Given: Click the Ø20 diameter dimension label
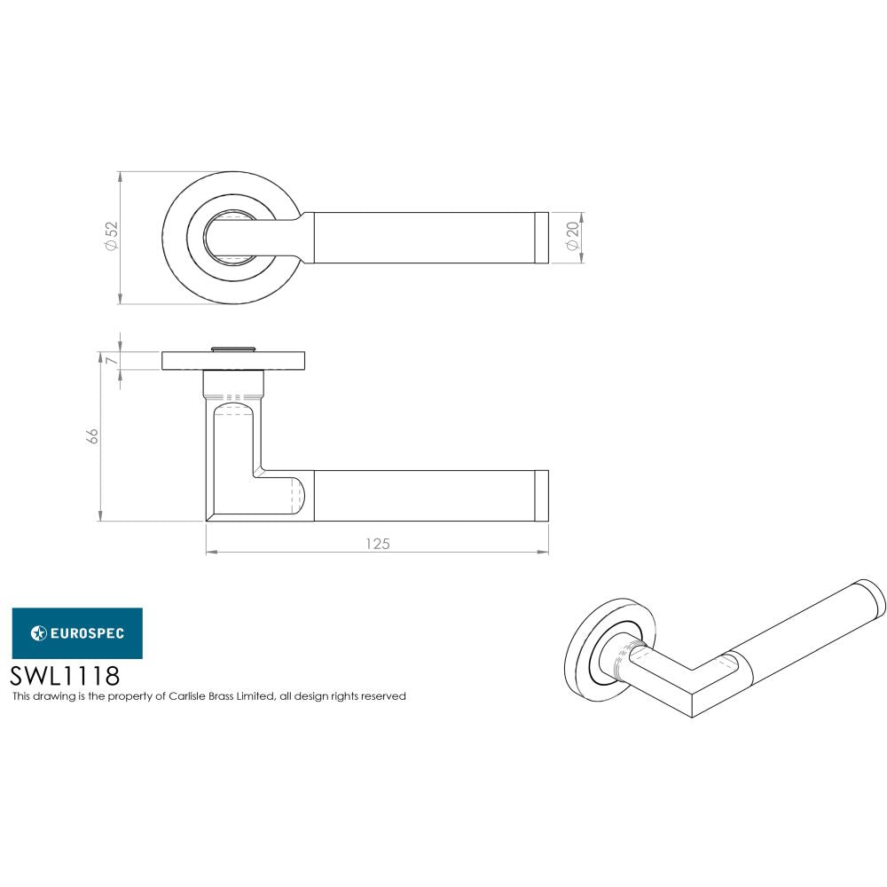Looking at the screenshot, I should click(x=572, y=237).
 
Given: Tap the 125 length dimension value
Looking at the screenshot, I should click(x=378, y=544).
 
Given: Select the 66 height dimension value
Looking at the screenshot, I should click(x=91, y=436).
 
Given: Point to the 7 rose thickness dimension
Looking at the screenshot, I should click(x=111, y=359).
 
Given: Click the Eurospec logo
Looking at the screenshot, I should click(x=76, y=632).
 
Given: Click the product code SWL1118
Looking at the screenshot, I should click(x=64, y=677).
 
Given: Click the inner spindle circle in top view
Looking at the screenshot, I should click(x=232, y=237).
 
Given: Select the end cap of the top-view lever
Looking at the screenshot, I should click(x=541, y=237).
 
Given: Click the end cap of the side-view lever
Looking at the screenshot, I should click(x=541, y=495).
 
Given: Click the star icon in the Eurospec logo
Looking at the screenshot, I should click(x=38, y=632).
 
